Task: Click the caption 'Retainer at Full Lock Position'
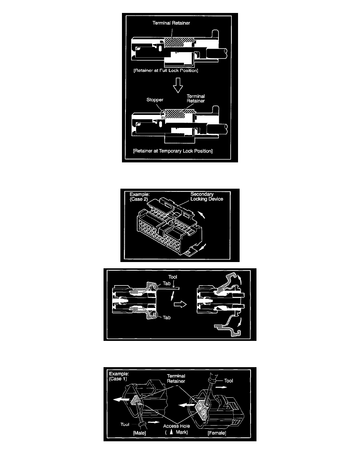[x=166, y=71]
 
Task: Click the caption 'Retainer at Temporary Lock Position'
[x=173, y=151]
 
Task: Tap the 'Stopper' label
[x=155, y=100]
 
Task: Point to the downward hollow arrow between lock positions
[x=178, y=85]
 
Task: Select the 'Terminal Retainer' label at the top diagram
[x=171, y=23]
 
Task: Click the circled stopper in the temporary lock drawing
[x=163, y=113]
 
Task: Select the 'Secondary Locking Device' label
[x=207, y=197]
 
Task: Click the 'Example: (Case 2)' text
[x=140, y=197]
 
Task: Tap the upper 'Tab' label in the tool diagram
[x=167, y=284]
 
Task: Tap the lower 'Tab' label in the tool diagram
[x=167, y=318]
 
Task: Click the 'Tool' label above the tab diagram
[x=173, y=277]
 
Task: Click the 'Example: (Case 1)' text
[x=119, y=376]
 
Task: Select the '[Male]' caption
[x=139, y=433]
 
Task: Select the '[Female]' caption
[x=217, y=433]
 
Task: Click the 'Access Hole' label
[x=176, y=426]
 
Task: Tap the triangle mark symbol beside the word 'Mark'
[x=171, y=432]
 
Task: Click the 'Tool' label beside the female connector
[x=228, y=381]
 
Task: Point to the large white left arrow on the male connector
[x=122, y=400]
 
